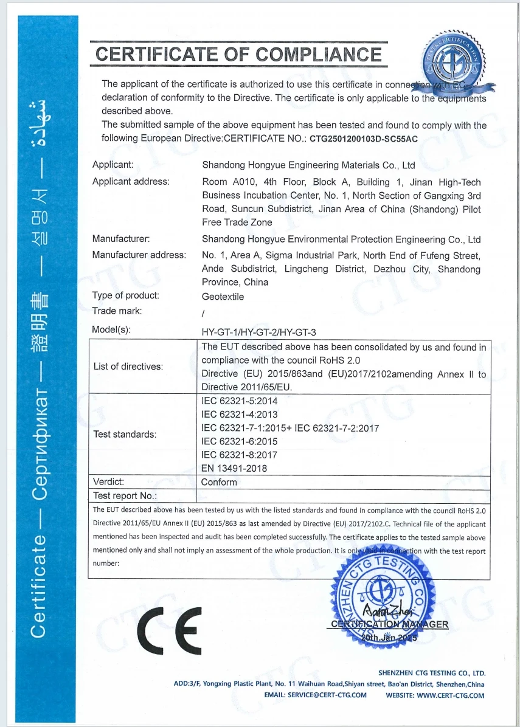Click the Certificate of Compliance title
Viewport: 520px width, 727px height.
click(x=239, y=55)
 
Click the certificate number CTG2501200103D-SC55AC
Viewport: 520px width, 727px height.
click(x=364, y=138)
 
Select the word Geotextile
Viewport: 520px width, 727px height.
click(x=223, y=296)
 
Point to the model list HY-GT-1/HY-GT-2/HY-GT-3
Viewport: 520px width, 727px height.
click(x=259, y=331)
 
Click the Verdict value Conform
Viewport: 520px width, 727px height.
click(x=219, y=482)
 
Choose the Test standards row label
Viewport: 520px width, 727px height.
click(x=125, y=435)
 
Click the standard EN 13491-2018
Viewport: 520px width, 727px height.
click(x=234, y=468)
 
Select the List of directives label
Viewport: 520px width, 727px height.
click(x=128, y=367)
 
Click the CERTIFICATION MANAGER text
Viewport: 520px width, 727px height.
click(x=390, y=624)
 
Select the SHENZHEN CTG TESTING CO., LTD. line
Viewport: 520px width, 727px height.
click(x=431, y=673)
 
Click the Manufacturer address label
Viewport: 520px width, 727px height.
click(x=139, y=255)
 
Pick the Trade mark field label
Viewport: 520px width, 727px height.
click(x=117, y=311)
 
